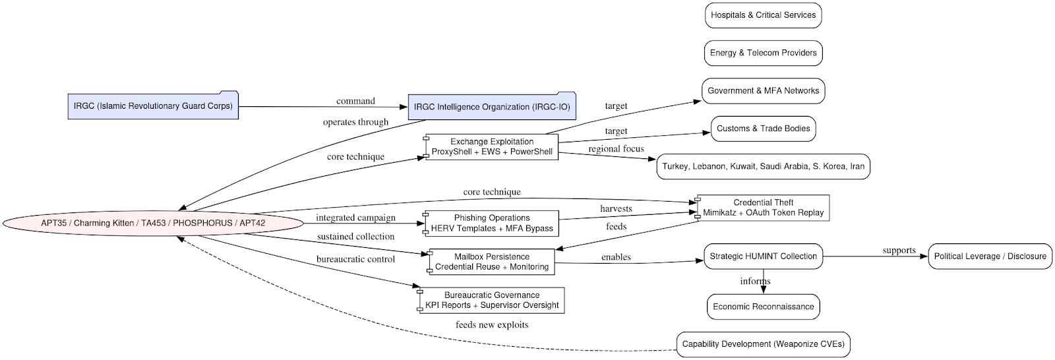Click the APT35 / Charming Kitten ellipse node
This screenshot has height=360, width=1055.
(x=153, y=223)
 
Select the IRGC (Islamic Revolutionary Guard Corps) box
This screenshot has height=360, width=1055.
(x=153, y=105)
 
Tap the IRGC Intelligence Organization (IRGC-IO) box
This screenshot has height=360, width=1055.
(x=492, y=107)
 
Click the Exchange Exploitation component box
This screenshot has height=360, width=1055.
(x=492, y=147)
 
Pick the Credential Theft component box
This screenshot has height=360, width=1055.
(x=763, y=208)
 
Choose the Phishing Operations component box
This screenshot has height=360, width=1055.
(x=492, y=224)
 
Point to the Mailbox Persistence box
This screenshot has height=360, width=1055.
(x=492, y=262)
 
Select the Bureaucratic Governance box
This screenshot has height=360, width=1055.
(x=492, y=300)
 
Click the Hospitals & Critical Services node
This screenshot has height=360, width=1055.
(x=763, y=15)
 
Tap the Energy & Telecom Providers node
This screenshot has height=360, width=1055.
(x=763, y=53)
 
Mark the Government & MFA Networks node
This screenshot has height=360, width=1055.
(x=763, y=91)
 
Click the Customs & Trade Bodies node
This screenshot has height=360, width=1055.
(x=763, y=129)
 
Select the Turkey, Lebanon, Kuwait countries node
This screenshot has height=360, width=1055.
(x=763, y=167)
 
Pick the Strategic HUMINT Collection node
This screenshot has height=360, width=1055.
(x=763, y=256)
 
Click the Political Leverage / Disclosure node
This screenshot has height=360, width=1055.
(x=990, y=256)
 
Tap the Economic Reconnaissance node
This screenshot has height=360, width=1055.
(x=763, y=307)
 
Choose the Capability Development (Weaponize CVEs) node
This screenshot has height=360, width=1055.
(x=763, y=344)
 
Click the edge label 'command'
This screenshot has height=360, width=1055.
(x=355, y=101)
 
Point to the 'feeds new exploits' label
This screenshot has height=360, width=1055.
(x=491, y=324)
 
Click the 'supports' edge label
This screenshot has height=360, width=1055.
(x=899, y=251)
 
